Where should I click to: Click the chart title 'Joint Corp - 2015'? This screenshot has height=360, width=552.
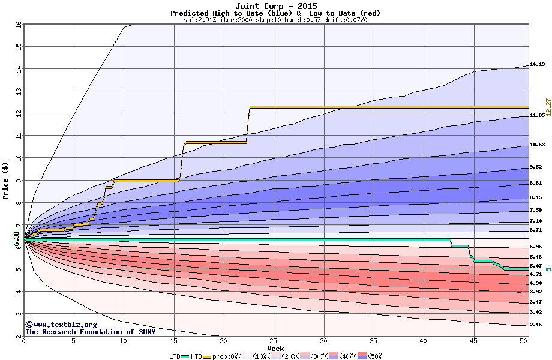pyautogui.click(x=275, y=5)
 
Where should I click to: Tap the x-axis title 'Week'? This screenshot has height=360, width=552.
pyautogui.click(x=275, y=348)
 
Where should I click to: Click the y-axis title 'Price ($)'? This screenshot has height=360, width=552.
pyautogui.click(x=5, y=181)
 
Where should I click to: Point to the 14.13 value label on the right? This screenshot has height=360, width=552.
pyautogui.click(x=536, y=64)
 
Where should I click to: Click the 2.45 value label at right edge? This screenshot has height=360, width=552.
pyautogui.click(x=536, y=325)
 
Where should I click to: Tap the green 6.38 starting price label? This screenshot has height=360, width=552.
pyautogui.click(x=16, y=239)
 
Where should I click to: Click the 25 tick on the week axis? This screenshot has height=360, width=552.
pyautogui.click(x=274, y=341)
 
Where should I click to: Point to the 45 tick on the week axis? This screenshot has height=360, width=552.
pyautogui.click(x=474, y=341)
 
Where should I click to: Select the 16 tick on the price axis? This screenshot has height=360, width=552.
pyautogui.click(x=19, y=25)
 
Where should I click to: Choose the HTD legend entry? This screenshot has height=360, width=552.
pyautogui.click(x=196, y=356)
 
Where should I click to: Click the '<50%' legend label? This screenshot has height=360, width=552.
pyautogui.click(x=374, y=356)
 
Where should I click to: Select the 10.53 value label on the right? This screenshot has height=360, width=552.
pyautogui.click(x=536, y=145)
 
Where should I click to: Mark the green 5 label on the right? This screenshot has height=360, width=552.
pyautogui.click(x=548, y=269)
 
